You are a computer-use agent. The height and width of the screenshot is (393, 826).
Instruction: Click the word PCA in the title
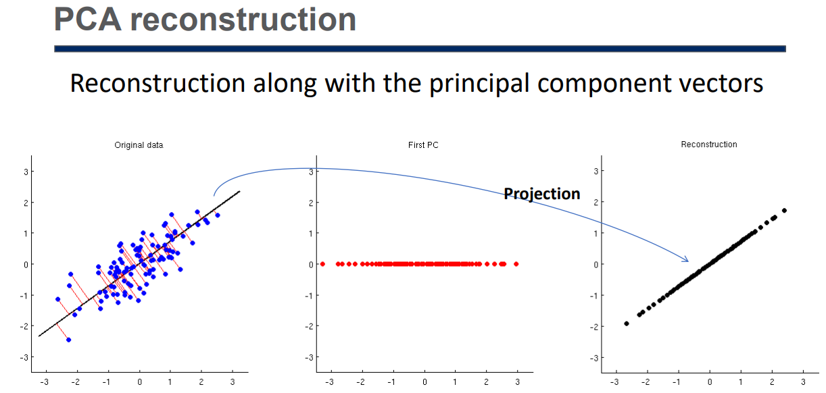(88, 20)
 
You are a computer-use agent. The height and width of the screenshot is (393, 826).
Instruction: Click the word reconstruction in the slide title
(243, 20)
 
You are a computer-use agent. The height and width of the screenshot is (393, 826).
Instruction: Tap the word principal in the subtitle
(479, 84)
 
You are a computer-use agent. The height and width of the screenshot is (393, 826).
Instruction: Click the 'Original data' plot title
(139, 145)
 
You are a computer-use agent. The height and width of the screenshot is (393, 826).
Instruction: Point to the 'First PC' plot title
(423, 145)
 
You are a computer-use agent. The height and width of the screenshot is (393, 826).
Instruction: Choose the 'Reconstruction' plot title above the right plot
(709, 145)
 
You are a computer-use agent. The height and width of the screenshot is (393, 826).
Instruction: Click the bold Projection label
(541, 194)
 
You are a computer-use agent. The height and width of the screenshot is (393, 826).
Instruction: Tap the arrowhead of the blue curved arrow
(686, 260)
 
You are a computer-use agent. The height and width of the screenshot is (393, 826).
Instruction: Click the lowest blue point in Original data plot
(68, 340)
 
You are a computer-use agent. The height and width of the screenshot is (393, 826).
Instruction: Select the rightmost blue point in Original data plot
(218, 215)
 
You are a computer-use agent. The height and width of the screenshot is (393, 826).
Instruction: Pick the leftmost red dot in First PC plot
(322, 264)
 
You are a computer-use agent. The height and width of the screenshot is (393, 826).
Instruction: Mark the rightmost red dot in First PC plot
(516, 264)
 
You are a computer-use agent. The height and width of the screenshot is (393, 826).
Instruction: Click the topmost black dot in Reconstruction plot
(784, 211)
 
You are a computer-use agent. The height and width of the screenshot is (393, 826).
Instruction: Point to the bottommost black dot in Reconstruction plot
(627, 323)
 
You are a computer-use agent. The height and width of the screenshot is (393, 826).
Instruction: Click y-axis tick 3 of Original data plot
(26, 172)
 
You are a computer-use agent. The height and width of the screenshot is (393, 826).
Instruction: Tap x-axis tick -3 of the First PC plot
(329, 382)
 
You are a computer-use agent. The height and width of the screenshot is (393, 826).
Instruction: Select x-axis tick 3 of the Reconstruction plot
(803, 382)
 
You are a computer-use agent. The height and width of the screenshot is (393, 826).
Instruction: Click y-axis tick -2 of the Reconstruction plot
(594, 327)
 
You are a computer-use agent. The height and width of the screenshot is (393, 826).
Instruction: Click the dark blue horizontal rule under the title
(420, 49)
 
